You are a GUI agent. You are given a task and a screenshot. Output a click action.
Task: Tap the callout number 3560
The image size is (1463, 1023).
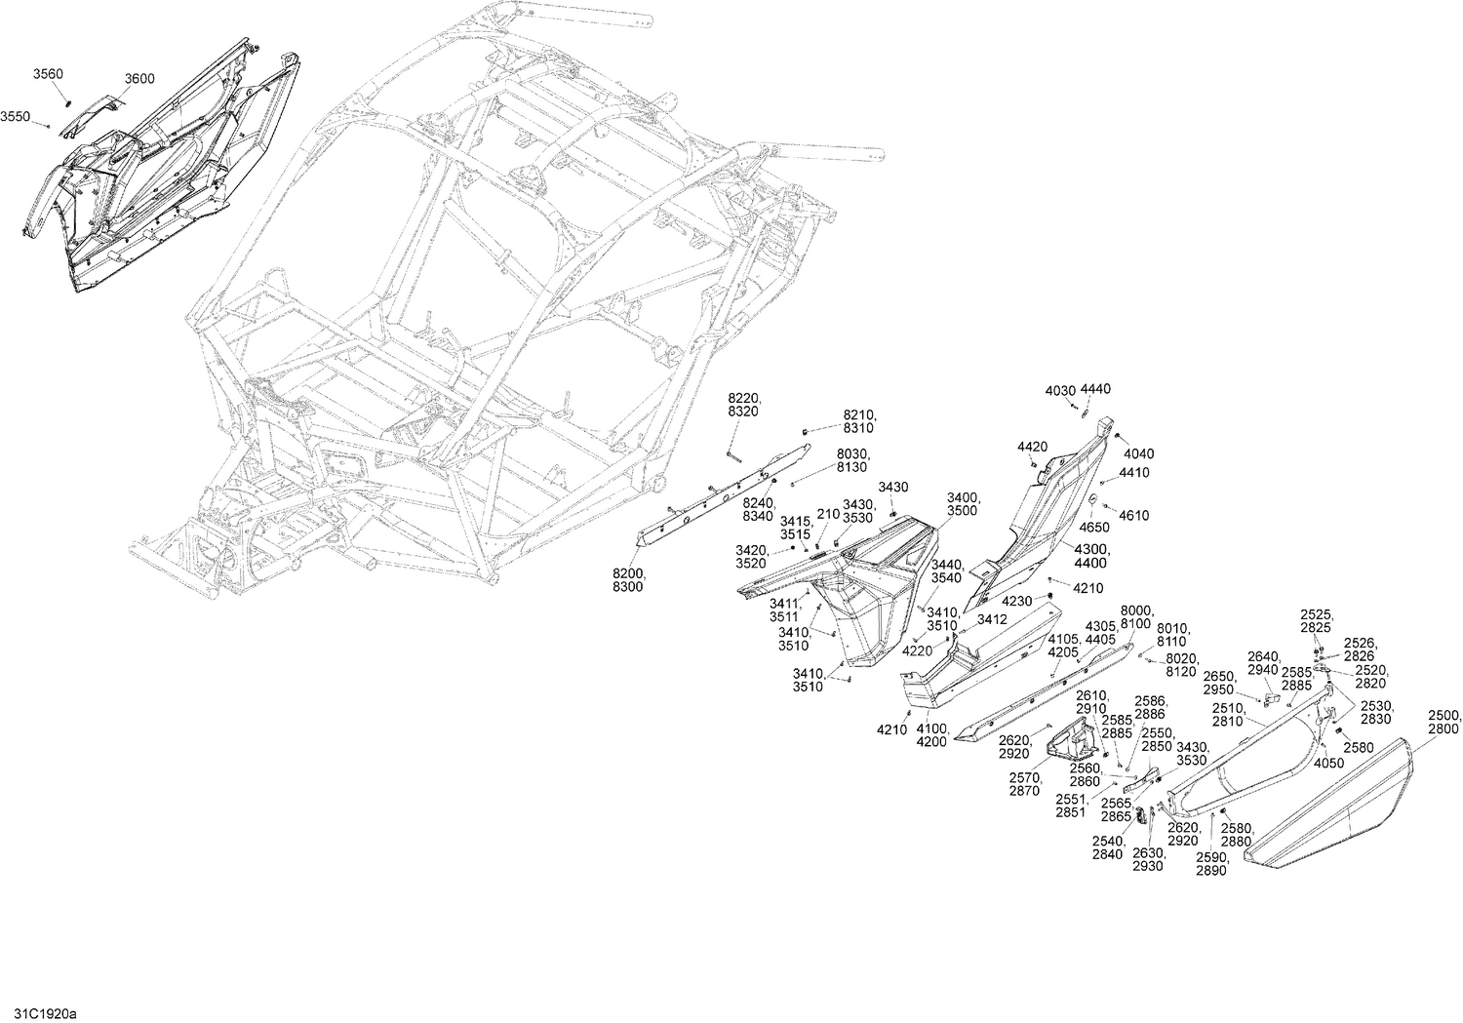(x=48, y=74)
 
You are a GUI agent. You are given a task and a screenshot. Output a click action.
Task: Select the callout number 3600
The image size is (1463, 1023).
(x=139, y=79)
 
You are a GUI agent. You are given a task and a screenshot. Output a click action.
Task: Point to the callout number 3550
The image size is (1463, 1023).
(x=15, y=116)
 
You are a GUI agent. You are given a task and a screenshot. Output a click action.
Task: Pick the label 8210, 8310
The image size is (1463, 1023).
(x=859, y=421)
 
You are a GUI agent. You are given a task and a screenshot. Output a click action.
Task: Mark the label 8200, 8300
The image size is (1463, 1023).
(x=627, y=581)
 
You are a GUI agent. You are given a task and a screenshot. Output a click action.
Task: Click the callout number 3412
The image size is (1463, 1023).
(x=992, y=619)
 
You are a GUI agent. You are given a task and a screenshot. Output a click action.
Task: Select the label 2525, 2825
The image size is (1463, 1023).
(x=1316, y=621)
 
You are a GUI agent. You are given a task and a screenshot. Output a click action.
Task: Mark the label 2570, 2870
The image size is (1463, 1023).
(x=1026, y=784)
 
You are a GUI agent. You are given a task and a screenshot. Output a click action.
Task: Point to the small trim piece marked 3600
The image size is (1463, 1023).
(x=88, y=115)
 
